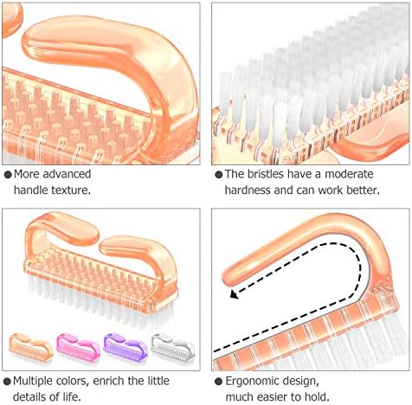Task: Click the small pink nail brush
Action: pos(78,346)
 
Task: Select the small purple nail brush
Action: pos(126,346)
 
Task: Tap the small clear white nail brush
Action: pos(173,347)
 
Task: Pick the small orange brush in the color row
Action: pos(31,346)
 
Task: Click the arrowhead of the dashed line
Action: pos(235,294)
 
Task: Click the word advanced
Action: pos(67,174)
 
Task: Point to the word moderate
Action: pos(349,174)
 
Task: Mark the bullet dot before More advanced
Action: pos(8,174)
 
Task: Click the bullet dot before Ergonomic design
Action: pos(219,382)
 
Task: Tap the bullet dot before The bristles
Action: pos(219,174)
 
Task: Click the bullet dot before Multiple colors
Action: pos(7,382)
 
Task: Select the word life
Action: pos(71,397)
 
